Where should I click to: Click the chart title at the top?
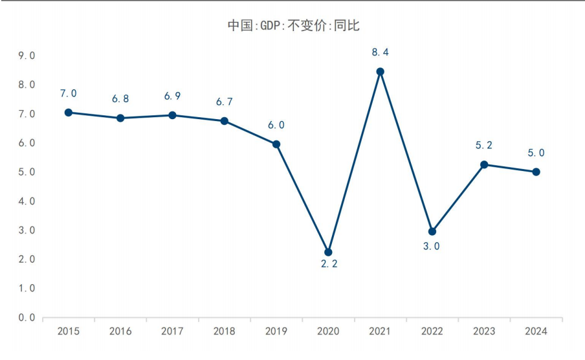(x=293, y=25)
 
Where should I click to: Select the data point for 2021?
(x=380, y=72)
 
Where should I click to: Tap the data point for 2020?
(x=328, y=252)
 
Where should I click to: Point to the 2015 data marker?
(x=69, y=112)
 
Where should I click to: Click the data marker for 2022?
(x=432, y=231)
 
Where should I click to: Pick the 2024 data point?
(x=536, y=172)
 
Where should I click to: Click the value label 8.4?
(x=380, y=52)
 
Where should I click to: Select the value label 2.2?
(x=329, y=264)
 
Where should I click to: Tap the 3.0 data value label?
(x=432, y=246)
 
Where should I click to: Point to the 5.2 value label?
(x=484, y=146)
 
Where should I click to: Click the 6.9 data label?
(x=172, y=96)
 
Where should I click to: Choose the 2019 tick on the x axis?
(x=276, y=332)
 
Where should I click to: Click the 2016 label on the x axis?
(x=120, y=332)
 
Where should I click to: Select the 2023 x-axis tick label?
(x=484, y=332)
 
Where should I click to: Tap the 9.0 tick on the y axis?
(x=27, y=56)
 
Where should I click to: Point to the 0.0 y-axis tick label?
(x=27, y=317)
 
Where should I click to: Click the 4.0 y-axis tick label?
(x=27, y=201)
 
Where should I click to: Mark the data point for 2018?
(x=224, y=120)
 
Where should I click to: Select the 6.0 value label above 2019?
(x=277, y=125)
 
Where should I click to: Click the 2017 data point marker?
(x=172, y=115)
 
